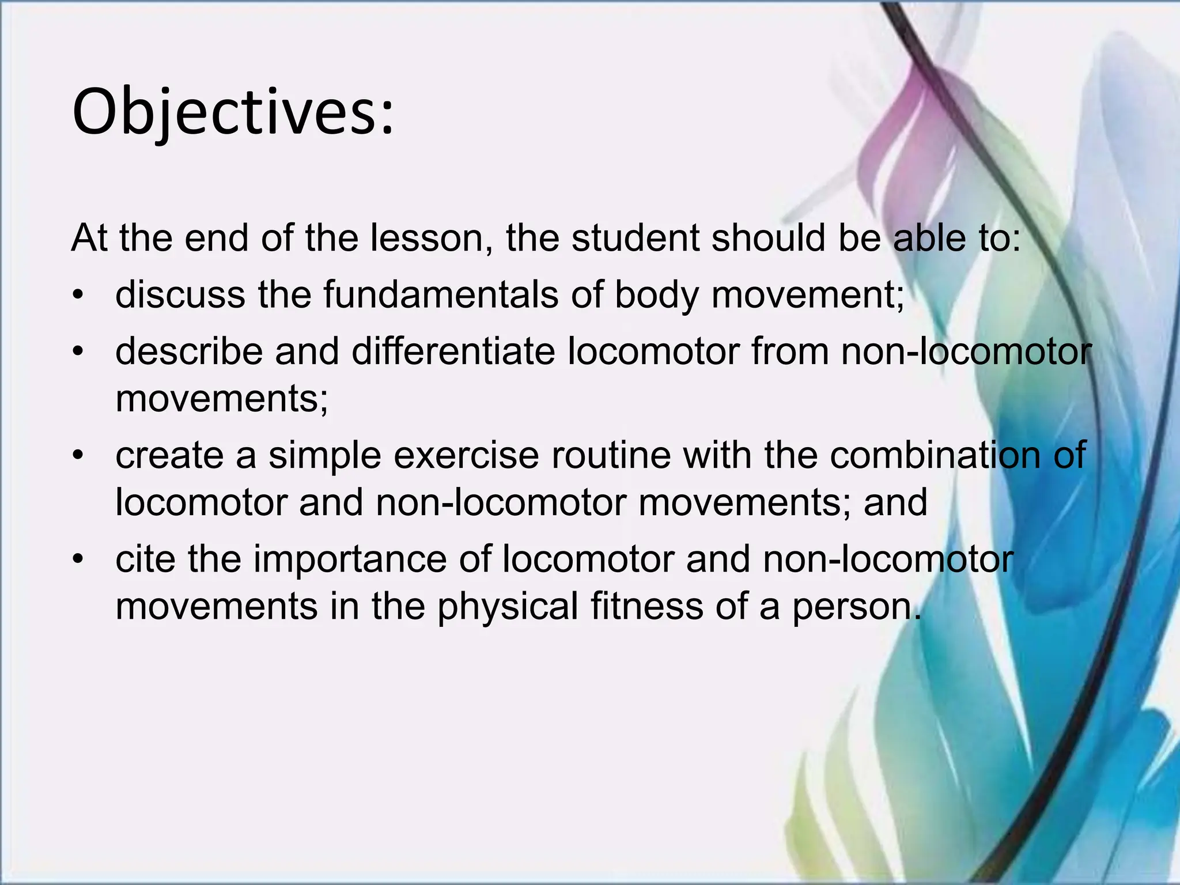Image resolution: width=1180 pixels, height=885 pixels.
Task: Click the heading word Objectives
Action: [x=233, y=112]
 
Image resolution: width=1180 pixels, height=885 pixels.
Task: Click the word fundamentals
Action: [x=441, y=295]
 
